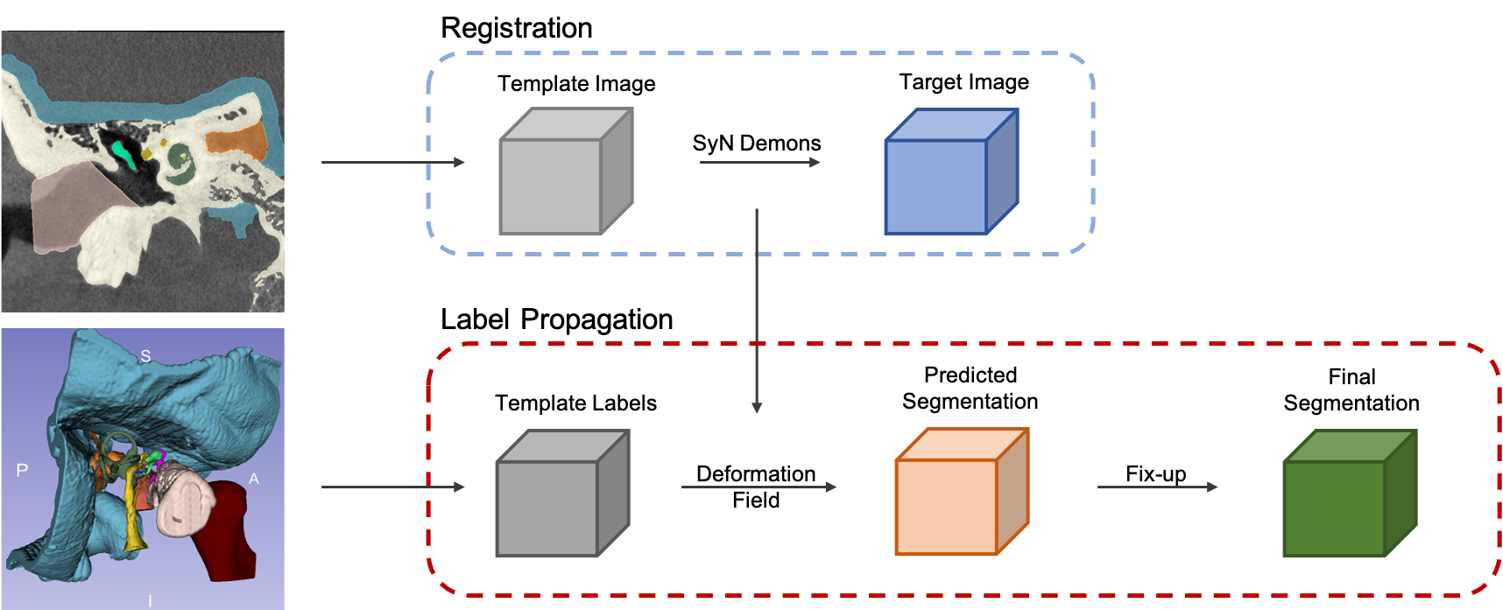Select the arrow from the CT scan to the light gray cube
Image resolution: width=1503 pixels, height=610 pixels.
pyautogui.click(x=392, y=162)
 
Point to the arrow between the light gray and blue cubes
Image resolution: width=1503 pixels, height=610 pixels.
pyautogui.click(x=759, y=162)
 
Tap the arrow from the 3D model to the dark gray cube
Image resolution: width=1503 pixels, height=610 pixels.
pyautogui.click(x=392, y=487)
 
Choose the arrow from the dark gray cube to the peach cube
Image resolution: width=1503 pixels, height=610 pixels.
pyautogui.click(x=759, y=487)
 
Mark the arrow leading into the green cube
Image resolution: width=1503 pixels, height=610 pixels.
pyautogui.click(x=1157, y=487)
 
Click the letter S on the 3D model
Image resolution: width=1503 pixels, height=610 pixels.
pyautogui.click(x=145, y=356)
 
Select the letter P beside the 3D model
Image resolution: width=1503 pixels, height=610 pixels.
pyautogui.click(x=23, y=471)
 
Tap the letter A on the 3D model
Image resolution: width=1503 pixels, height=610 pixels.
pyautogui.click(x=254, y=479)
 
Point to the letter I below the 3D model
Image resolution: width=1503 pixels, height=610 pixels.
pyautogui.click(x=150, y=601)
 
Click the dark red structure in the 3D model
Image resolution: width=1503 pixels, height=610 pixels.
pyautogui.click(x=229, y=534)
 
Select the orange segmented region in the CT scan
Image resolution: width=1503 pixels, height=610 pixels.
pyautogui.click(x=236, y=141)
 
